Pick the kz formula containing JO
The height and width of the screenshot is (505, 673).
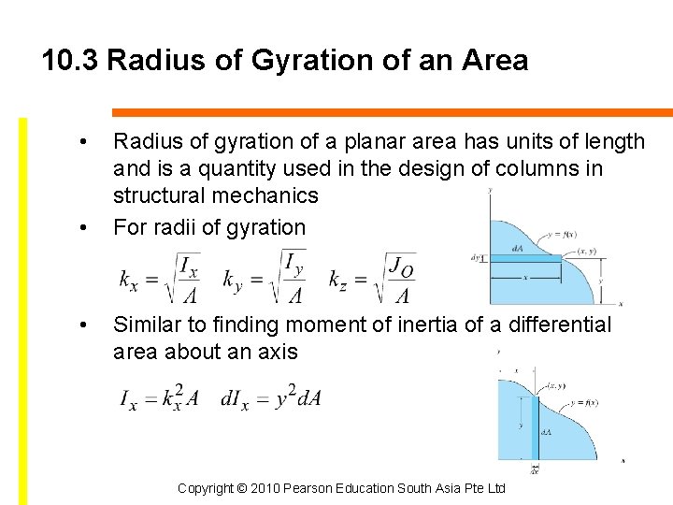click(x=372, y=278)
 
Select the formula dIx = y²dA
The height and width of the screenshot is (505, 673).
click(x=271, y=399)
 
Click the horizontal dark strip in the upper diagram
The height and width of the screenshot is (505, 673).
click(x=524, y=258)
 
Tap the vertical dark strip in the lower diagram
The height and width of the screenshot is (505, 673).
click(x=536, y=426)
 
